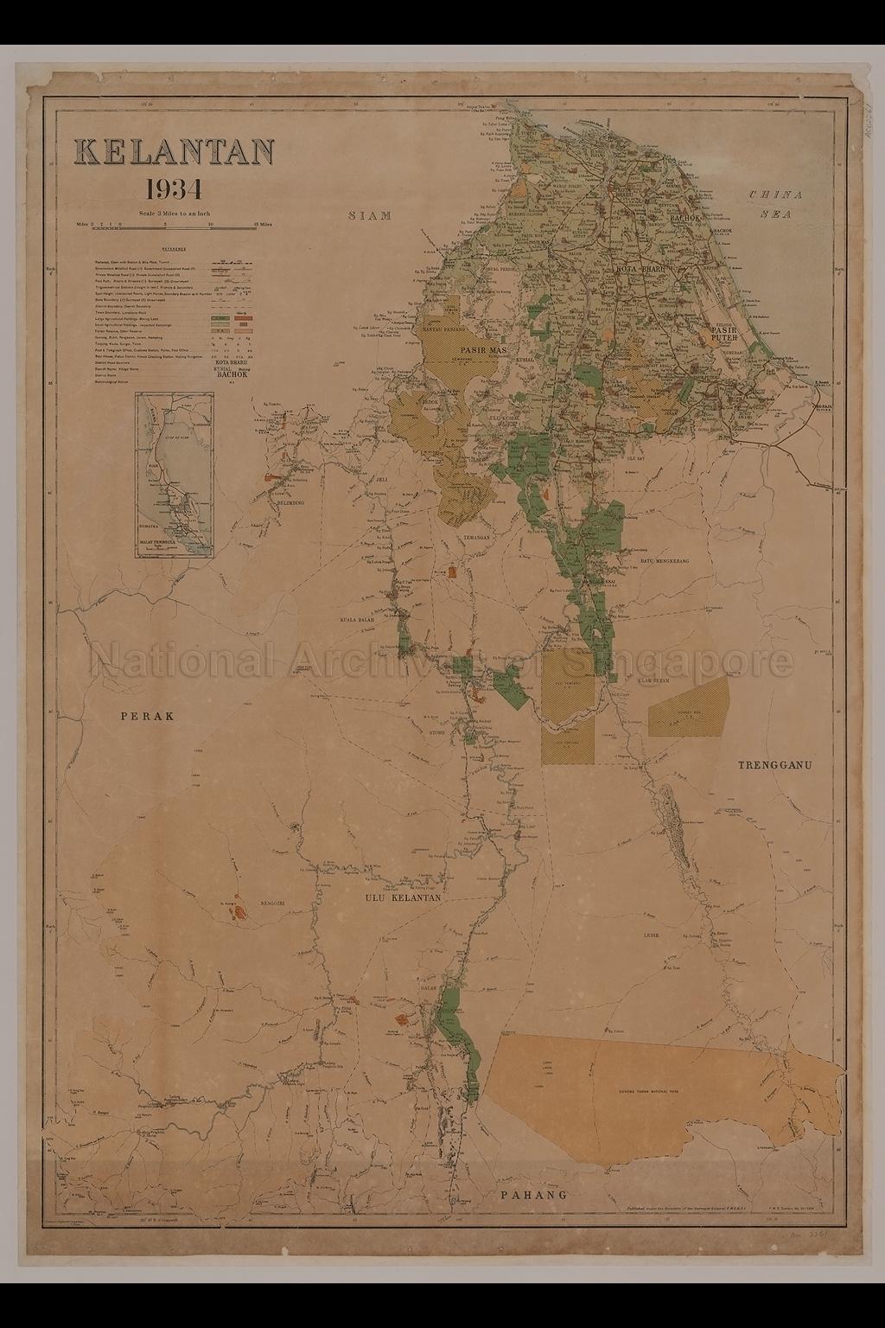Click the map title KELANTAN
click(x=176, y=152)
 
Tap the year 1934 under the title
click(x=175, y=188)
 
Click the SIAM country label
click(x=370, y=216)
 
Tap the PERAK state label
click(x=148, y=716)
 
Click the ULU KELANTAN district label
click(x=402, y=898)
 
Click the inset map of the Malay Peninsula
click(x=174, y=475)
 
